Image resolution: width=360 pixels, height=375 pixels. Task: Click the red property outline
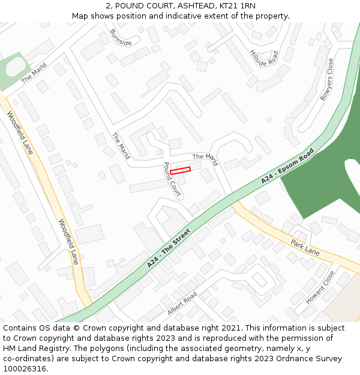(x=180, y=170)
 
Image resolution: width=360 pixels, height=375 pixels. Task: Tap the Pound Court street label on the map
(x=172, y=179)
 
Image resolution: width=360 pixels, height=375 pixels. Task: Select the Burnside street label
(x=121, y=37)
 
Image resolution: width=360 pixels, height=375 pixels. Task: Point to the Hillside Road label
(x=264, y=58)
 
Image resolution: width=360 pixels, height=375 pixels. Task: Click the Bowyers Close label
(x=326, y=79)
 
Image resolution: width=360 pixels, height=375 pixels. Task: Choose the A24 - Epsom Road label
(x=287, y=166)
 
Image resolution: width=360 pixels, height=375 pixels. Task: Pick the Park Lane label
(x=305, y=247)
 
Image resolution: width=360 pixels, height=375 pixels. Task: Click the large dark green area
(x=324, y=174)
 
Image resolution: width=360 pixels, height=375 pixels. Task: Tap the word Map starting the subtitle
(x=80, y=16)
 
